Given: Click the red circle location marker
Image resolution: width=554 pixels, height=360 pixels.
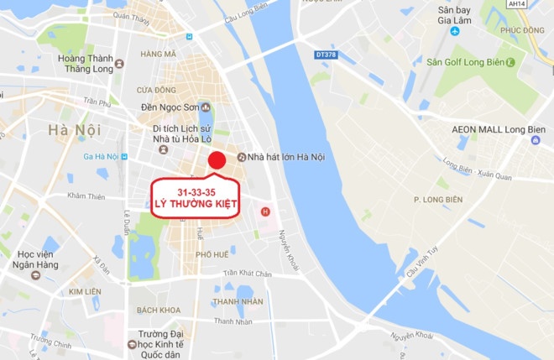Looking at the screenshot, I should point(217,161).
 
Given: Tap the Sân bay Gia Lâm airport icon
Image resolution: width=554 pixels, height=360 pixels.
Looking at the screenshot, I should point(455,32).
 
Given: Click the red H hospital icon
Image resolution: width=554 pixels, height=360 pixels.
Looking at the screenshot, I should point(265,211).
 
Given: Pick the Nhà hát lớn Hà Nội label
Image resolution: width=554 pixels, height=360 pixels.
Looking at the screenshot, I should point(286,157).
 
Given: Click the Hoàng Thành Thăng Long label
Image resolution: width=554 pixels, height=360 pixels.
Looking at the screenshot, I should point(86,64).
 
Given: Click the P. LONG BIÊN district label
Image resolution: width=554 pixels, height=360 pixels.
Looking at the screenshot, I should point(439,199).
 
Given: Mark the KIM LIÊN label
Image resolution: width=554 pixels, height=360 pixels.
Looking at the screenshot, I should point(86,291).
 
